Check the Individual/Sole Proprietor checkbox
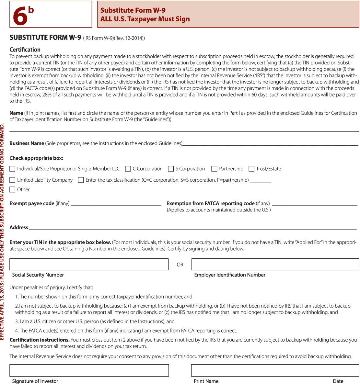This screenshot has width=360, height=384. pos(12,169)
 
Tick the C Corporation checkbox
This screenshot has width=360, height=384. pos(128,169)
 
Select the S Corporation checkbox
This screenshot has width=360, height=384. pos(171,169)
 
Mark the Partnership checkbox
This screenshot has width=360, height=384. pos(214,169)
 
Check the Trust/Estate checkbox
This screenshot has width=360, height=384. pos(251,169)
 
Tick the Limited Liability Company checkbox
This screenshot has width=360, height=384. pos(12,180)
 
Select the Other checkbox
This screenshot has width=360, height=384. pos(12,189)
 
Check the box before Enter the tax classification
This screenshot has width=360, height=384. pos(81,180)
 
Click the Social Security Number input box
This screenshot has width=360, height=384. pos(89,264)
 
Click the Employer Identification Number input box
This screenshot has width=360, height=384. pos(275,264)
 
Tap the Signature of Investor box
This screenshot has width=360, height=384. pos(89,370)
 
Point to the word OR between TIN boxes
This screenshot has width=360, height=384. pos(180,265)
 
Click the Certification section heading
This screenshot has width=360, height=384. pos(25,50)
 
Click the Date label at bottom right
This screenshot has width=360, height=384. pos(338,381)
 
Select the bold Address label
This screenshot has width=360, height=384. pos(19,227)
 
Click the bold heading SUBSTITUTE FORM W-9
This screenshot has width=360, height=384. pos(45,38)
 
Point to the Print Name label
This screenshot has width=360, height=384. pos(206,381)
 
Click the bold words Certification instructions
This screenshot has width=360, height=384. pos(40,340)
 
